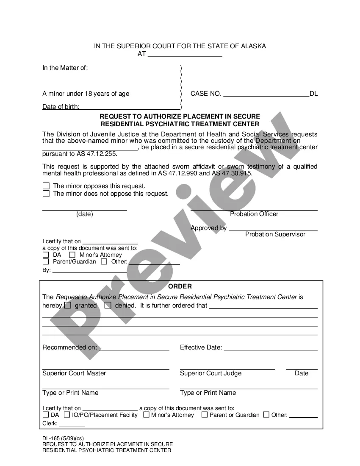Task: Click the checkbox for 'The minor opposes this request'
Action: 46,186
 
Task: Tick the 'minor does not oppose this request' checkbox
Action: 46,194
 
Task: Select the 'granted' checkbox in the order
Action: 68,305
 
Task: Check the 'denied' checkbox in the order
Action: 108,305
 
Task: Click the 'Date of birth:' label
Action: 61,107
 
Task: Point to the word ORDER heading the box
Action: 180,286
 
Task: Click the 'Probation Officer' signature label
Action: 254,214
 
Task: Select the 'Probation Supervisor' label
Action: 275,234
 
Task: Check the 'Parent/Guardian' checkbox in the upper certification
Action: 46,261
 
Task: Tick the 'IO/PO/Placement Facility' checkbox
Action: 67,415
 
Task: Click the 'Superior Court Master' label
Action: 74,373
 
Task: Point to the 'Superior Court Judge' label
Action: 211,373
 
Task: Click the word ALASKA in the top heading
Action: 254,46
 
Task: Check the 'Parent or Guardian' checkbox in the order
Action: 205,415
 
